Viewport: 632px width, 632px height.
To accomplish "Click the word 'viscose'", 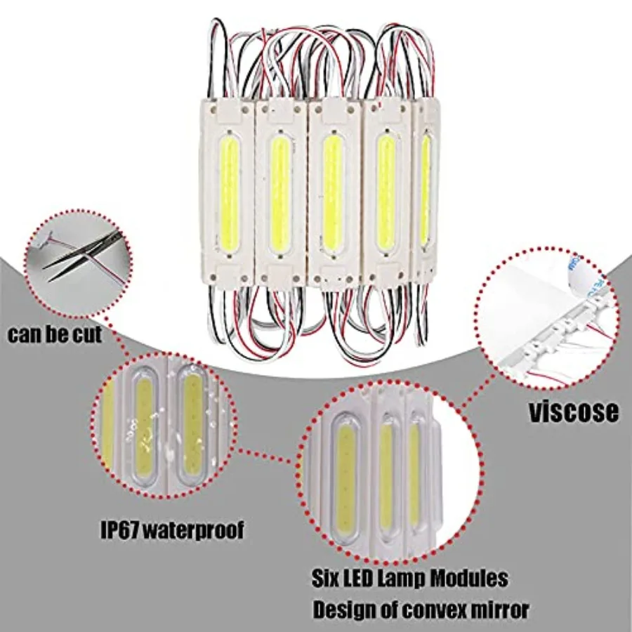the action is coord(574,412).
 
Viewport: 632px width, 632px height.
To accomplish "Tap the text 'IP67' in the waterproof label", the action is coord(119,529).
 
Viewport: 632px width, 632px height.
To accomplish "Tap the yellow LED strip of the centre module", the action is coord(333,193).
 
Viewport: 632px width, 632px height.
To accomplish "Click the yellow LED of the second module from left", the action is coord(280,194).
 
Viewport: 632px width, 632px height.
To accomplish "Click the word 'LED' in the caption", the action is coord(358,579).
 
